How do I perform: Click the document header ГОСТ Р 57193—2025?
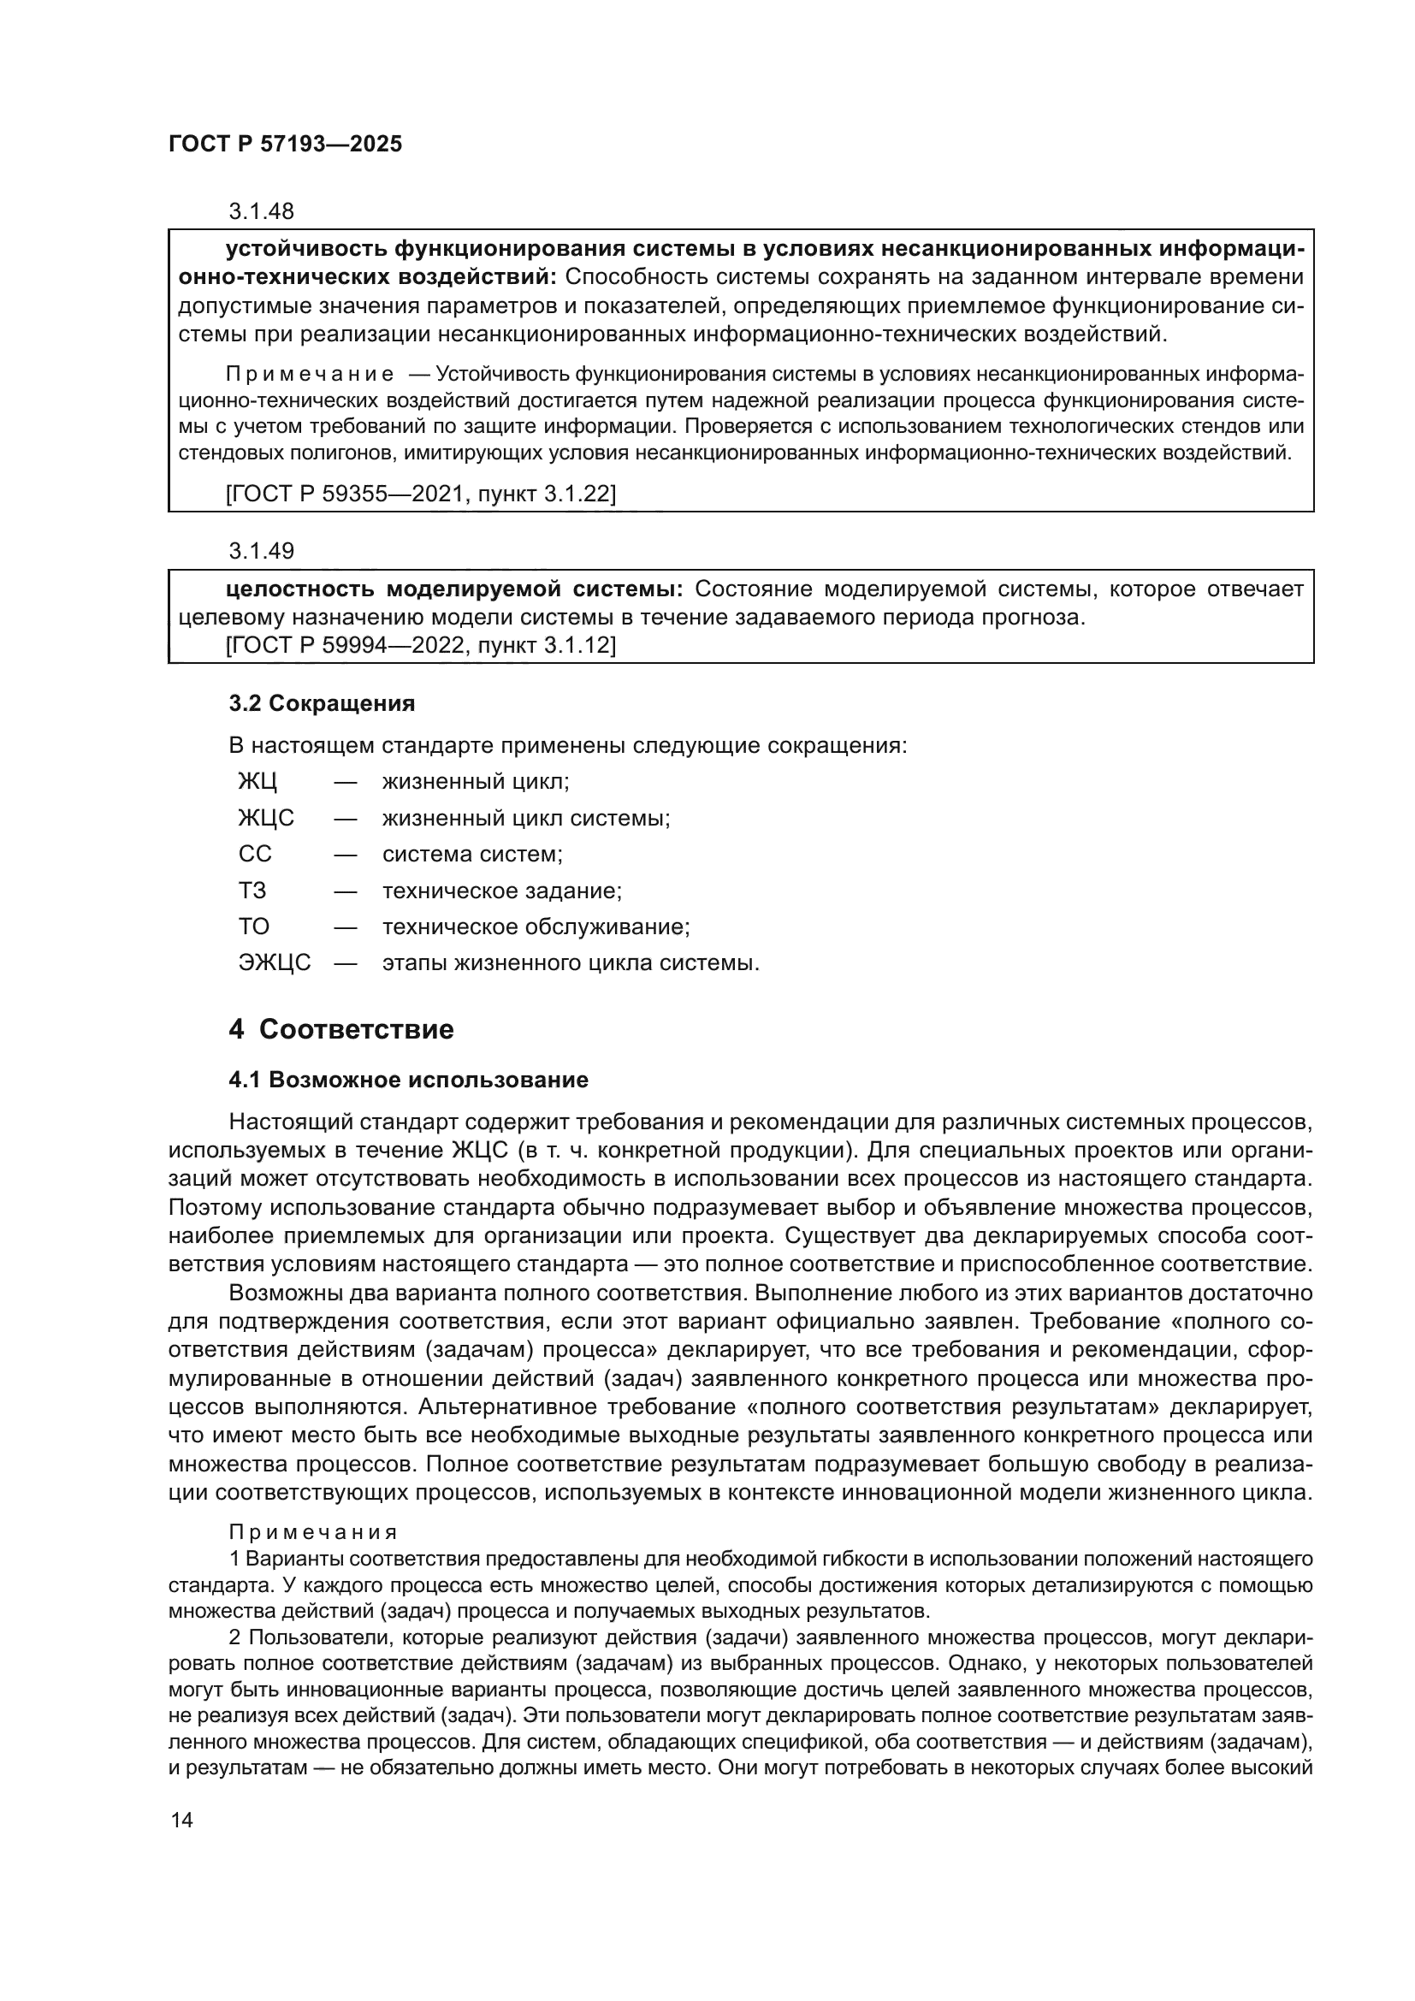coord(285,145)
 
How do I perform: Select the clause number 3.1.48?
coord(262,211)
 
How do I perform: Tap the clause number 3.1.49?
coord(262,551)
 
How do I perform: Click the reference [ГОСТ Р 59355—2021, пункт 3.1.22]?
coord(421,494)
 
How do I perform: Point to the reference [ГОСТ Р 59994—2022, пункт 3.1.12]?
coord(421,646)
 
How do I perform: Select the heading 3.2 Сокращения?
coord(322,703)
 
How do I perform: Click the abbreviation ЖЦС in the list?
coord(266,819)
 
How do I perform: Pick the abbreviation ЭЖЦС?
coord(275,963)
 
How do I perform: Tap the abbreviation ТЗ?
coord(252,891)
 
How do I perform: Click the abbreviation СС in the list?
coord(254,854)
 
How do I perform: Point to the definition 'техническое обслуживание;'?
coord(536,926)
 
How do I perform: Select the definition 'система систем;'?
coord(472,854)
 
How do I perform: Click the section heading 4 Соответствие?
coord(340,1029)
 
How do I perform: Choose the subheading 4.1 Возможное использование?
coord(409,1080)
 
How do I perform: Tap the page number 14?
coord(181,1820)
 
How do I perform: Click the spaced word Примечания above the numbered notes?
coord(313,1532)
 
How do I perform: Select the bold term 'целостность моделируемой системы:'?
coord(454,589)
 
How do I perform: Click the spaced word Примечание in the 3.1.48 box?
coord(310,375)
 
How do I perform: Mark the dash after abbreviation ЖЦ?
coord(345,782)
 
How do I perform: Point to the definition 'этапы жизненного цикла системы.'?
coord(571,963)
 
